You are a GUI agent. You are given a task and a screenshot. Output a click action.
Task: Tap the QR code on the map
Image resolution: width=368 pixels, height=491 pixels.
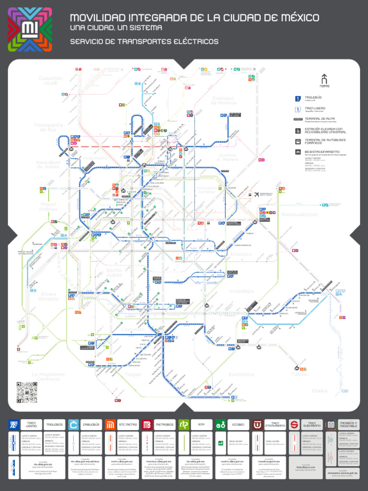point(26,392)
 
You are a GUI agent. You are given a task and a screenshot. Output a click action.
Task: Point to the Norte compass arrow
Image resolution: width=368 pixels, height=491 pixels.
point(324,80)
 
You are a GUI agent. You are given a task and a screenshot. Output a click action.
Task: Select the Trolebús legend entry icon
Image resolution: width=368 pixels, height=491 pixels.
point(298,99)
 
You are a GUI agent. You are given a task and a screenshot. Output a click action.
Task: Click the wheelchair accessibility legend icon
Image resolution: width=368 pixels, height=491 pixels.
point(298,130)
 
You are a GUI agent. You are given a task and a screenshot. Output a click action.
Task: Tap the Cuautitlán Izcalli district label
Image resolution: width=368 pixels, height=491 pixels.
point(51,81)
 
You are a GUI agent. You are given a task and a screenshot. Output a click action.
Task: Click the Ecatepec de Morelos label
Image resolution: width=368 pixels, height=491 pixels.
point(224,101)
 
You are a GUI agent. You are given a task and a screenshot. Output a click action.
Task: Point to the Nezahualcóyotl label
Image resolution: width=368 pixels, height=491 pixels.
point(299,214)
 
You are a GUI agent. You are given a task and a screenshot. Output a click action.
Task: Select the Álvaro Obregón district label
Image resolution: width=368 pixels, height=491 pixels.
point(48,296)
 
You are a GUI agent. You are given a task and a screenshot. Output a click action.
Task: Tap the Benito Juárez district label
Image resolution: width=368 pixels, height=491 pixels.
point(114,273)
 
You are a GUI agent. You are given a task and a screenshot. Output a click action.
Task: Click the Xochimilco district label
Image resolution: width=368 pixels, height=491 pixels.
point(241,374)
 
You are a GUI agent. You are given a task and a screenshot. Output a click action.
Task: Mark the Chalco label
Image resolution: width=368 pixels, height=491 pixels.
point(320,391)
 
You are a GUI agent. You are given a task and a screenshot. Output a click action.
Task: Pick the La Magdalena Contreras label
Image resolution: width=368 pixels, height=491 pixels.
point(48,376)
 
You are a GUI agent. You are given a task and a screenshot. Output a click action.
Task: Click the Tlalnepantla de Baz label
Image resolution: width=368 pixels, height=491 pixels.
point(48,128)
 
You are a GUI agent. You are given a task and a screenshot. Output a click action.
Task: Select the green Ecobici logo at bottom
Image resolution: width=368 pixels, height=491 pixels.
point(221,424)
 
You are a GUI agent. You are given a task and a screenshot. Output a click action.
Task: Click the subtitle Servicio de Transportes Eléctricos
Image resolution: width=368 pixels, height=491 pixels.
point(144,42)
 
